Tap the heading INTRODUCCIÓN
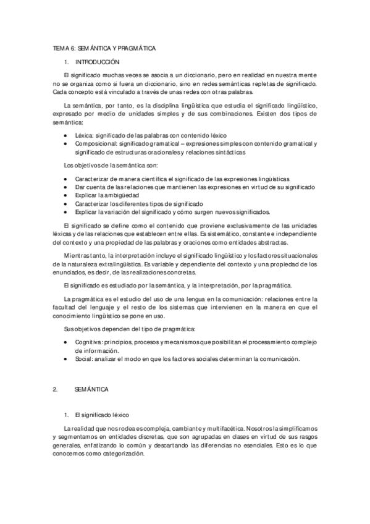click(97, 62)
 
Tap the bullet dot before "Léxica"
click(66, 135)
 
